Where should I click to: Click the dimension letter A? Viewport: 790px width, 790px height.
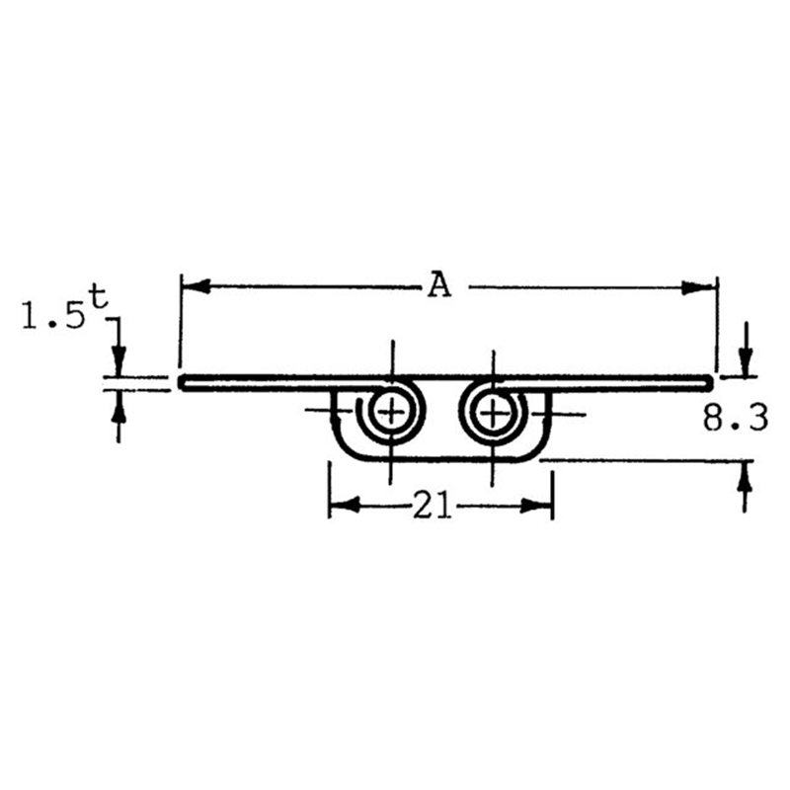[x=439, y=286]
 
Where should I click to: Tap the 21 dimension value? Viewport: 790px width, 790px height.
[x=431, y=506]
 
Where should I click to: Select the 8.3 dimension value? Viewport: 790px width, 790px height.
[x=736, y=418]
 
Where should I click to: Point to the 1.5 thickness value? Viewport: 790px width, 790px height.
[x=53, y=317]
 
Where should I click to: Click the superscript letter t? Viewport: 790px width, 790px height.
[x=99, y=298]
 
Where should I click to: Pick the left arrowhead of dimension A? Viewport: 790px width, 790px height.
[x=196, y=287]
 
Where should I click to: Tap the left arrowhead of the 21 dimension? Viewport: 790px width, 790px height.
[x=345, y=506]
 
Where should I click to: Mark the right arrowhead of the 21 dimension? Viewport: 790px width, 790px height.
[x=536, y=506]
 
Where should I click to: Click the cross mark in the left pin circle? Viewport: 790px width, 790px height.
[x=391, y=413]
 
